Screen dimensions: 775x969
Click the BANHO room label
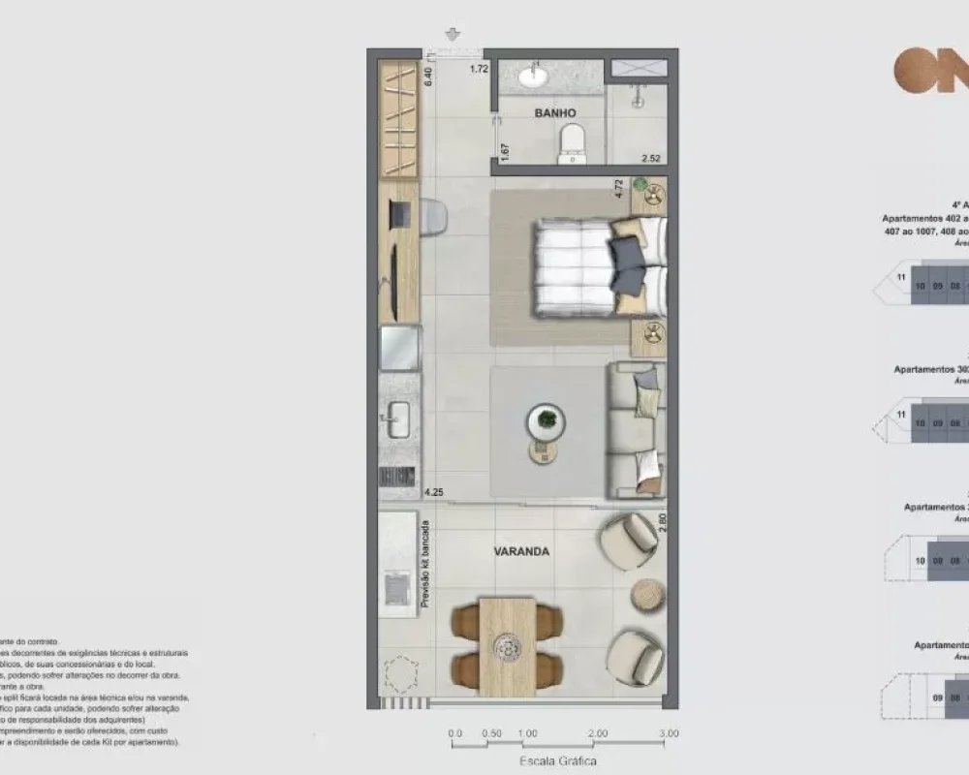[555, 113]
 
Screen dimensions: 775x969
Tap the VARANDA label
[522, 551]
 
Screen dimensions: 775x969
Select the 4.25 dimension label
[433, 493]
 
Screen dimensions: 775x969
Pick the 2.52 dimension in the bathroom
[650, 158]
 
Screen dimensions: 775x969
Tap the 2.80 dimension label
[663, 523]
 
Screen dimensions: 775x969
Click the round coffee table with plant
[547, 421]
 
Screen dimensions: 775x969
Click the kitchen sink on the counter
[398, 422]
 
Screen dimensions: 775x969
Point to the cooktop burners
[397, 476]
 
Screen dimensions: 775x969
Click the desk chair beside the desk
[432, 217]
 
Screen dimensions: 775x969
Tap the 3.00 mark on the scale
[669, 733]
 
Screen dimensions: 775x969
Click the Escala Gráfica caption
[558, 760]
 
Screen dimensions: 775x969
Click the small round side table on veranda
[648, 592]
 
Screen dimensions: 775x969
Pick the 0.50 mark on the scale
[492, 733]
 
